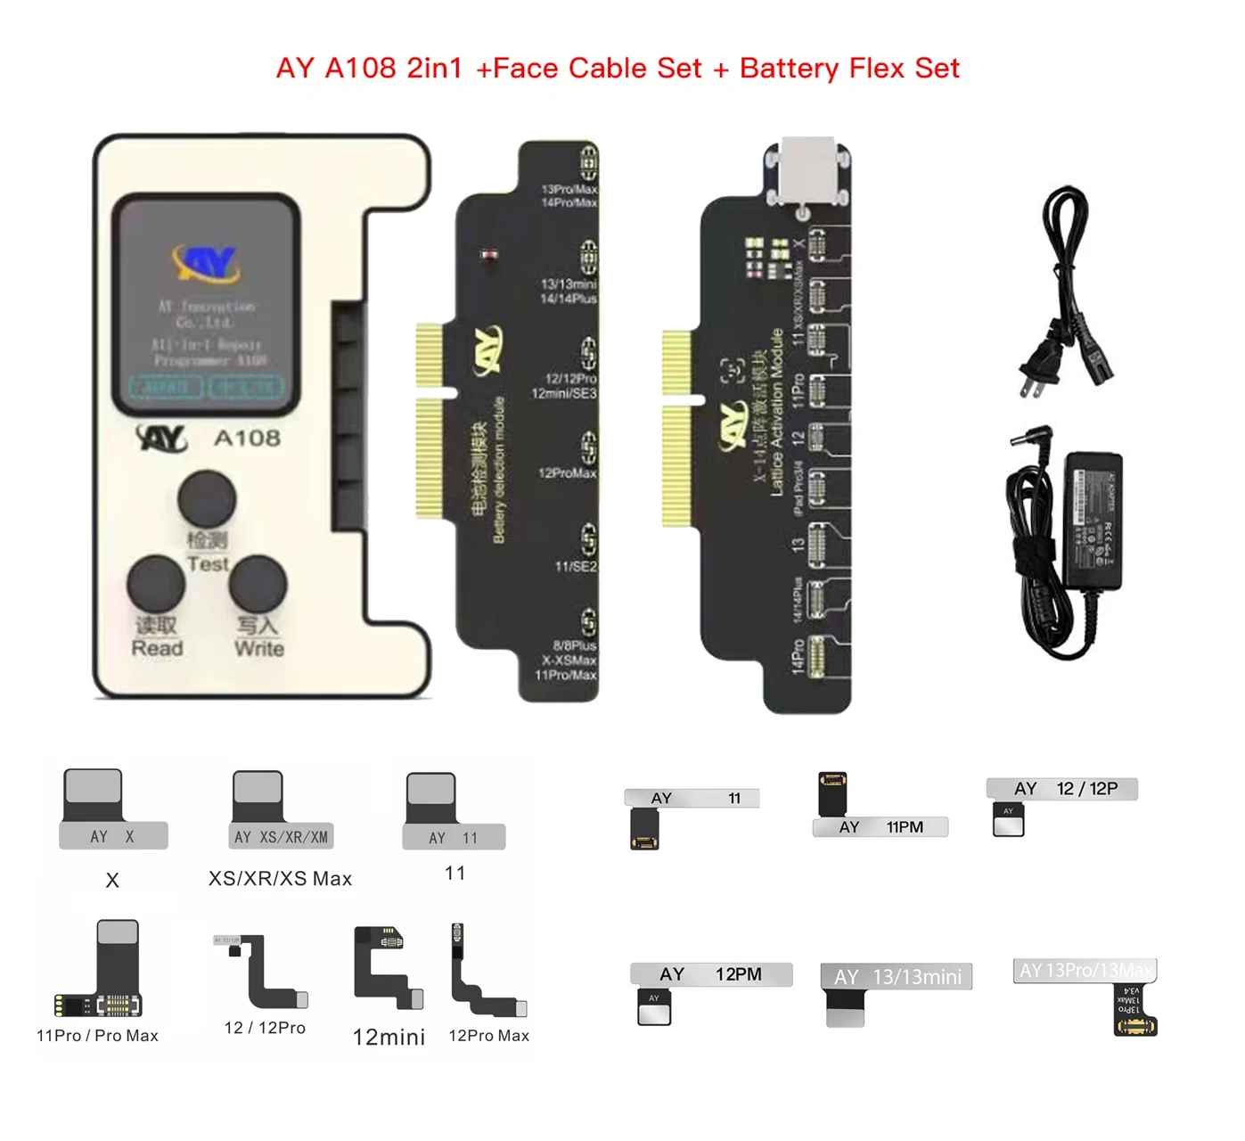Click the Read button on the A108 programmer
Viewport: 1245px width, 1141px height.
click(x=156, y=584)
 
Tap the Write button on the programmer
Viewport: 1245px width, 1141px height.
click(x=258, y=584)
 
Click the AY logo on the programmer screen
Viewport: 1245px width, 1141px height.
click(x=206, y=262)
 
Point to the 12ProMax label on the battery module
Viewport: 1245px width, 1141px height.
click(x=567, y=472)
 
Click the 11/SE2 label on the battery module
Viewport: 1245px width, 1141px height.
click(x=576, y=566)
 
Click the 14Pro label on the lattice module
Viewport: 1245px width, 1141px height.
click(x=798, y=656)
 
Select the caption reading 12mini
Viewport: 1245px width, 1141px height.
click(x=389, y=1037)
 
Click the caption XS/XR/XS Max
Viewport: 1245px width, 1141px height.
click(x=280, y=879)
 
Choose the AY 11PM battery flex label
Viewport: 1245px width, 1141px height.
click(x=880, y=827)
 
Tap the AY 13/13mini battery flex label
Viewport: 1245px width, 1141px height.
click(x=896, y=977)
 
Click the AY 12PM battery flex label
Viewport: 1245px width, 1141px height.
click(x=710, y=974)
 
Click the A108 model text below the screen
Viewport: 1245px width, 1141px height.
click(x=247, y=438)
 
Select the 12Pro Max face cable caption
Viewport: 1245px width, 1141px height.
click(x=488, y=1036)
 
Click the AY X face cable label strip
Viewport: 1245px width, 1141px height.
click(x=113, y=836)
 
